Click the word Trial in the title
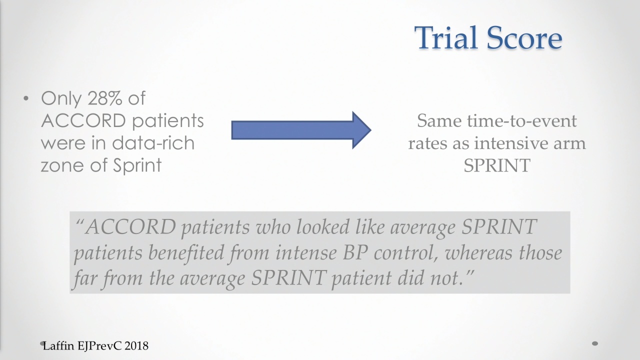pyautogui.click(x=446, y=37)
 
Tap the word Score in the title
pyautogui.click(x=524, y=37)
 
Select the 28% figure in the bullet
pyautogui.click(x=105, y=98)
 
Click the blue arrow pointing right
pyautogui.click(x=301, y=130)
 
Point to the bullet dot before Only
pyautogui.click(x=26, y=99)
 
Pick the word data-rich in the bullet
pyautogui.click(x=153, y=143)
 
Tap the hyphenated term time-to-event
pyautogui.click(x=522, y=121)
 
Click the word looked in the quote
pyautogui.click(x=323, y=227)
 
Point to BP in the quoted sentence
pyautogui.click(x=355, y=253)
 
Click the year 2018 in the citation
pyautogui.click(x=136, y=346)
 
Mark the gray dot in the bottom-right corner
pyautogui.click(x=595, y=343)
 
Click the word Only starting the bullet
pyautogui.click(x=61, y=99)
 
